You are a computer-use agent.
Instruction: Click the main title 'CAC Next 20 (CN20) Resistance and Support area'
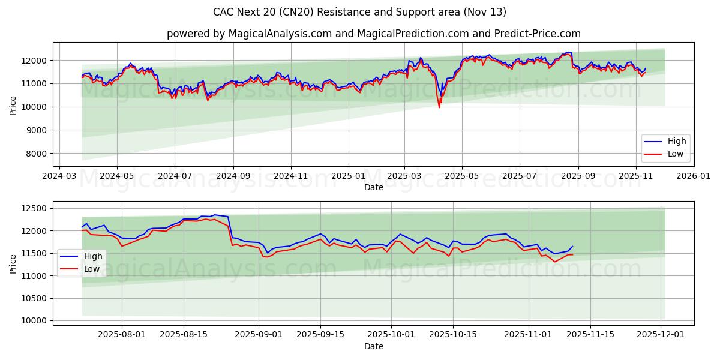point(359,12)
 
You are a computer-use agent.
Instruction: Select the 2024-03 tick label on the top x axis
point(58,177)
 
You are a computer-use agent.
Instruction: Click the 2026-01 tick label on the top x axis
point(693,177)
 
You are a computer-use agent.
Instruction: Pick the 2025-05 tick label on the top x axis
point(462,177)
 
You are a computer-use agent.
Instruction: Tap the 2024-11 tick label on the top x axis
point(291,177)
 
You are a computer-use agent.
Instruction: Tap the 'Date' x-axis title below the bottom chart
point(373,347)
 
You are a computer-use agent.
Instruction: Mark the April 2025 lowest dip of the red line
point(439,107)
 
